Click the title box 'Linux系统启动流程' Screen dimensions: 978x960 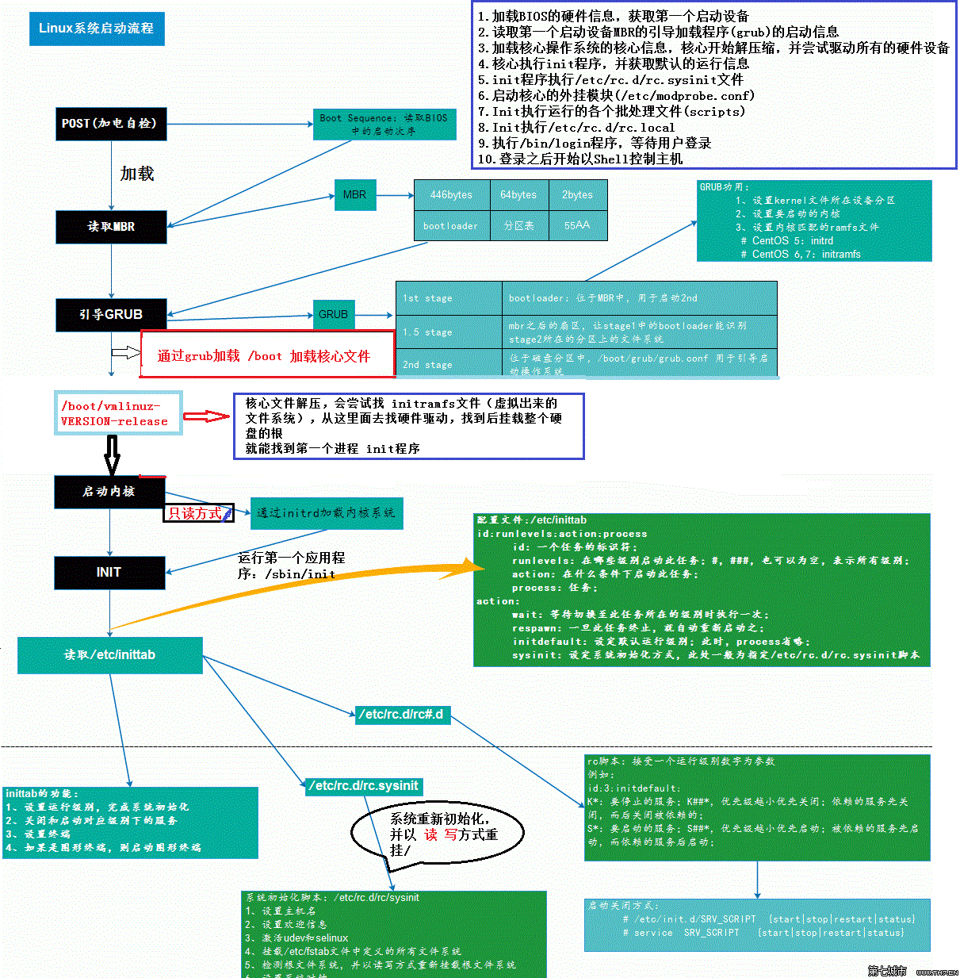pos(96,29)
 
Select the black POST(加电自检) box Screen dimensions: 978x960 pos(111,124)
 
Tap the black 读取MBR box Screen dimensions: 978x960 pos(111,227)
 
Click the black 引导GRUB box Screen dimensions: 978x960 pos(111,315)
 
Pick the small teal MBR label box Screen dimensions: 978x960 pos(354,195)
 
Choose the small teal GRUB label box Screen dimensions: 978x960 pos(333,315)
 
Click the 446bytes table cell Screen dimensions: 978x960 pos(451,195)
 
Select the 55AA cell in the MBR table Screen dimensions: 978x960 pos(577,225)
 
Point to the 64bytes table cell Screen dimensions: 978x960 pos(518,195)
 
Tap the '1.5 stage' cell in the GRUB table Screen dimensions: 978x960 pos(448,332)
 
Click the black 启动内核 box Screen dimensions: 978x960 pos(109,492)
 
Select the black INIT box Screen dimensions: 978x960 pos(109,573)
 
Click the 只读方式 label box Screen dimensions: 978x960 pos(199,513)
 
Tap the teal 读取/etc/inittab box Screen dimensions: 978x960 pos(110,655)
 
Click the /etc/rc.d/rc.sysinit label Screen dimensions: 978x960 pos(365,786)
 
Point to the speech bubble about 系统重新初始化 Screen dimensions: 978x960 pos(437,833)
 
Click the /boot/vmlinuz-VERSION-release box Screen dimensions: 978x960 pos(117,413)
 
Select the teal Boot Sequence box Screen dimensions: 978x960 pos(384,125)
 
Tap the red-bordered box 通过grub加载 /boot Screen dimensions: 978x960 pos(267,355)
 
